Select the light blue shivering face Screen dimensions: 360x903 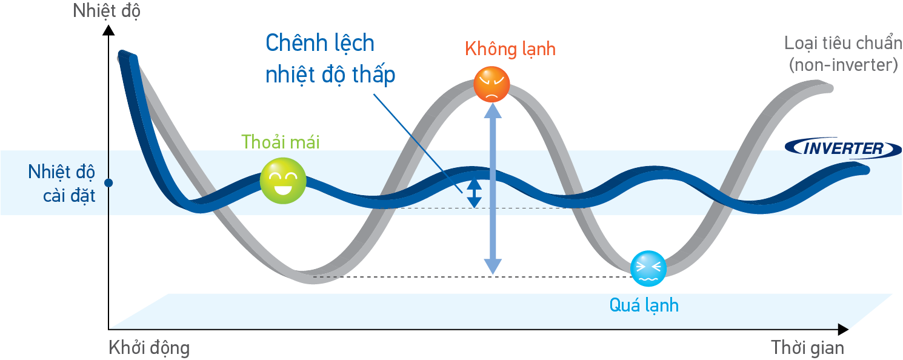click(x=648, y=268)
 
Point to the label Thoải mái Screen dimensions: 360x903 click(x=280, y=141)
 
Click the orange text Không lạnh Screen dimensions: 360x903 click(x=510, y=49)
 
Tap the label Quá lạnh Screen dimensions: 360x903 click(x=644, y=304)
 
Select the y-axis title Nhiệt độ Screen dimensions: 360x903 click(x=106, y=11)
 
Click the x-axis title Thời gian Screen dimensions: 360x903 click(x=807, y=348)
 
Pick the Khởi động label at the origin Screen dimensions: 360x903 click(x=149, y=348)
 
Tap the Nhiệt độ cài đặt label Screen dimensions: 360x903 click(x=62, y=184)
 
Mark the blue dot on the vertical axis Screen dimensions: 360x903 click(x=109, y=182)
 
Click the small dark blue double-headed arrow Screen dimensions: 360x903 click(x=474, y=193)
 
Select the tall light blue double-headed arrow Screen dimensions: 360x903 click(x=493, y=188)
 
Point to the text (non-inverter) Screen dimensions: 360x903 click(x=843, y=65)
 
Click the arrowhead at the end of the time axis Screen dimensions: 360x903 click(x=842, y=329)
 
